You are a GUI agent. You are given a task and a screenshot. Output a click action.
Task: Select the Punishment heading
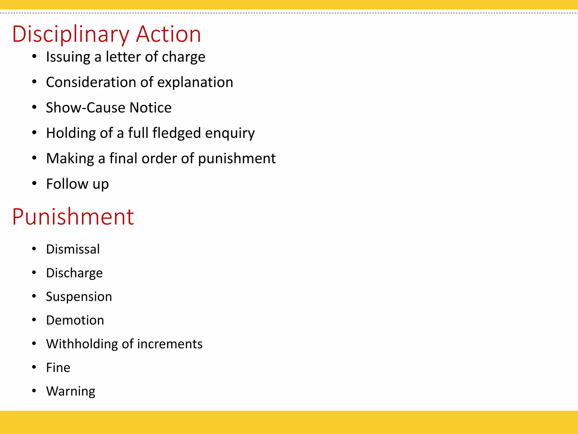point(73,217)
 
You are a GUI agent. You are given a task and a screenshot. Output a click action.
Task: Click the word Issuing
point(68,57)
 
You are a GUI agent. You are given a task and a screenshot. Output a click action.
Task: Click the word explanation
point(195,82)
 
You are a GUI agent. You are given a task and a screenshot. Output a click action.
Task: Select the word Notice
point(150,108)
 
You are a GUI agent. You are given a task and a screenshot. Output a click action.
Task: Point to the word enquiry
point(230,133)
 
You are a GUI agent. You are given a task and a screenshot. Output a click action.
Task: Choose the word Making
point(70,159)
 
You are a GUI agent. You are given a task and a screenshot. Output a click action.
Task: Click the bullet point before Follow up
point(34,183)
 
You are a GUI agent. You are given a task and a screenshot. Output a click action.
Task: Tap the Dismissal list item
point(73,249)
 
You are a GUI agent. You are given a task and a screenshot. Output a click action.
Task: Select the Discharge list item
point(74,273)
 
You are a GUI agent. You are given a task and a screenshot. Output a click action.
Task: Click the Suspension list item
point(79,297)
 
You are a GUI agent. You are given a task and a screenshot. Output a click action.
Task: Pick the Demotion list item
point(75,320)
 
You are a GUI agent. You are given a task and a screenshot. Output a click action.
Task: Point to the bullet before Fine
point(34,367)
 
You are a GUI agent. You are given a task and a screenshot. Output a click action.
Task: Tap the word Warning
point(71,391)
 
